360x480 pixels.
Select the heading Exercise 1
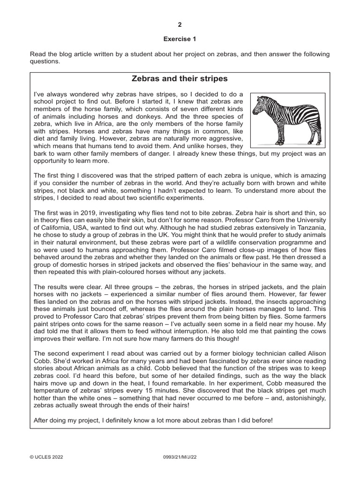pyautogui.click(x=180, y=40)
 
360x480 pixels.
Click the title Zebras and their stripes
pyautogui.click(x=180, y=78)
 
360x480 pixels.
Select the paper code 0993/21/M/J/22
pyautogui.click(x=180, y=455)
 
